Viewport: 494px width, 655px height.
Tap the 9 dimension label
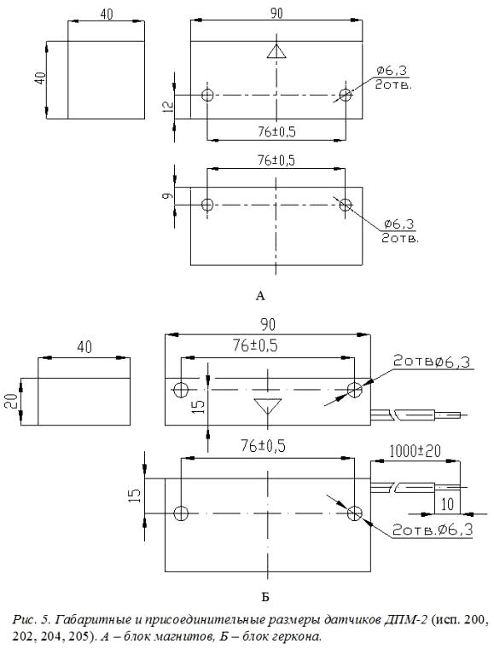point(167,195)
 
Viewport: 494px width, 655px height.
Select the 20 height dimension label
point(13,401)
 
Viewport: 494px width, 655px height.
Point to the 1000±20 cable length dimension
point(415,451)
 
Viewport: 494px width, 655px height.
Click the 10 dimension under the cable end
point(447,504)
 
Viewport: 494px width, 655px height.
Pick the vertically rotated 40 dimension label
point(40,78)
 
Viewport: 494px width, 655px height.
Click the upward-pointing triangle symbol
point(276,51)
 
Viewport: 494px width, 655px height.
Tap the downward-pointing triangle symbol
point(268,406)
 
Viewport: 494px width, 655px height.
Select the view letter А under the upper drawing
point(260,296)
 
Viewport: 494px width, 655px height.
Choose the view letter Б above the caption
point(265,597)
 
